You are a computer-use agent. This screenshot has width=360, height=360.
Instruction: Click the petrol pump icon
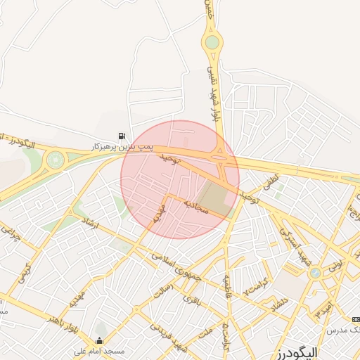123,136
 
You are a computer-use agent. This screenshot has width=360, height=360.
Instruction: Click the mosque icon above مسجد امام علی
98,341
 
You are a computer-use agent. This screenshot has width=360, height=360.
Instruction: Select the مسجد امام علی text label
99,350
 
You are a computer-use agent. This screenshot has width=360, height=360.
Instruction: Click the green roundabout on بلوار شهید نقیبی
211,43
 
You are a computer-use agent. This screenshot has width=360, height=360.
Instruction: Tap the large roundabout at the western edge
54,161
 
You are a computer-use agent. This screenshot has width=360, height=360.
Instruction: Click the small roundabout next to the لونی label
315,272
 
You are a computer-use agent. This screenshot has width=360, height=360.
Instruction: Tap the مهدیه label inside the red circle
160,211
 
